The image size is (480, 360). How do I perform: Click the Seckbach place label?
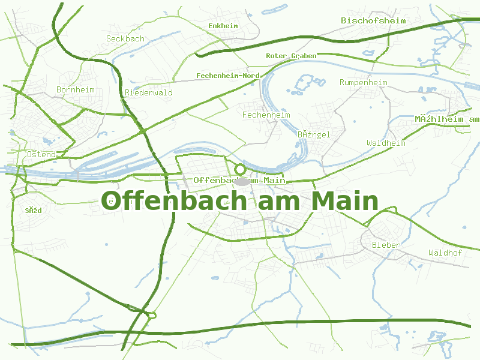[x=125, y=38]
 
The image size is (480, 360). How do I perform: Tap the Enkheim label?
[x=223, y=26]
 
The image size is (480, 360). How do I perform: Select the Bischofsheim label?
[x=373, y=20]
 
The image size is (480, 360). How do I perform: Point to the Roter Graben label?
[x=291, y=56]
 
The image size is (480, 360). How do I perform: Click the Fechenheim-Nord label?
[x=227, y=76]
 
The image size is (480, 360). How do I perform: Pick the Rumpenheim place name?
[x=364, y=82]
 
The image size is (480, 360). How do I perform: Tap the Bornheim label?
[x=76, y=89]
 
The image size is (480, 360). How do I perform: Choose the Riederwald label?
[x=149, y=92]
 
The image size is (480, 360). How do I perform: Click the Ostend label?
[x=41, y=154]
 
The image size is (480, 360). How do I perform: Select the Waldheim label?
[x=386, y=143]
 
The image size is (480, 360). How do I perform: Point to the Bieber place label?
[x=386, y=245]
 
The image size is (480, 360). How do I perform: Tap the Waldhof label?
[x=445, y=253]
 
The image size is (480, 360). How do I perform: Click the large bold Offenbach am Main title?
[x=239, y=201]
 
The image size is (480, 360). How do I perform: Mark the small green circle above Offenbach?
[x=240, y=169]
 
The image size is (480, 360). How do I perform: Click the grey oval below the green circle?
[x=241, y=181]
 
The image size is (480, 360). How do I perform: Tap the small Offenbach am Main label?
[x=239, y=180]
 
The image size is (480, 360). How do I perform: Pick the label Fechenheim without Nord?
[x=266, y=115]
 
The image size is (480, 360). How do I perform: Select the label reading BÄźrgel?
[x=314, y=134]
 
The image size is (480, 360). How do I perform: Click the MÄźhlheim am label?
[x=447, y=119]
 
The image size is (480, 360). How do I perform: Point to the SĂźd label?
[x=34, y=210]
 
